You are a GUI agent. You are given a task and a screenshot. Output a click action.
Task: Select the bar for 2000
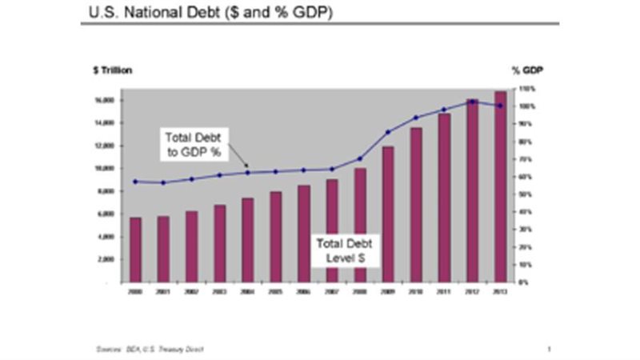(135, 250)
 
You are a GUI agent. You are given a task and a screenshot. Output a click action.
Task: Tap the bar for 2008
(360, 225)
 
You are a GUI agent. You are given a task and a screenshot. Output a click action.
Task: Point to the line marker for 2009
(388, 132)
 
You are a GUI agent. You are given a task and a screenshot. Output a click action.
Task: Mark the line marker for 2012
(472, 102)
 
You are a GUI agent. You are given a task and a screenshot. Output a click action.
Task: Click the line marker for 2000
(135, 182)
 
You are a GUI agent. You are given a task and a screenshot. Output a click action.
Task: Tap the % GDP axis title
(527, 70)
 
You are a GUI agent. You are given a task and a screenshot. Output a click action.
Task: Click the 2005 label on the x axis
(275, 293)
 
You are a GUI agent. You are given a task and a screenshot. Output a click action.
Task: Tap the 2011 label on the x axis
(444, 293)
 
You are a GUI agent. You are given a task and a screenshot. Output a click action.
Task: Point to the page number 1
(550, 349)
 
